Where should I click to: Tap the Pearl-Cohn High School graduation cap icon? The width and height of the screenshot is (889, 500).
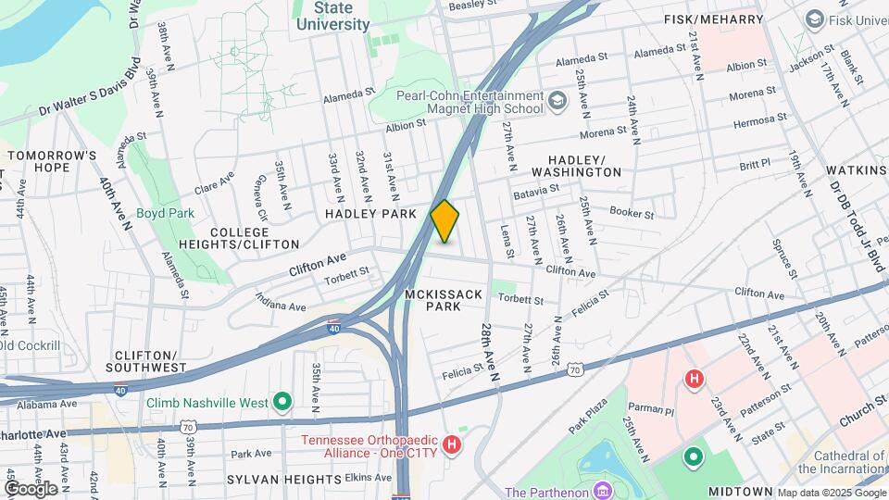tap(557, 100)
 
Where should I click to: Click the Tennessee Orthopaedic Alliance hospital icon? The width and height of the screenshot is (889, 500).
tap(451, 445)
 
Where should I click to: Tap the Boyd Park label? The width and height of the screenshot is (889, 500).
tap(165, 213)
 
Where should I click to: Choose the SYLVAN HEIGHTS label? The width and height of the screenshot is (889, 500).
tap(285, 479)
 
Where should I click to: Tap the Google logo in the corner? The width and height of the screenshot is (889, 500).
tap(31, 488)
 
